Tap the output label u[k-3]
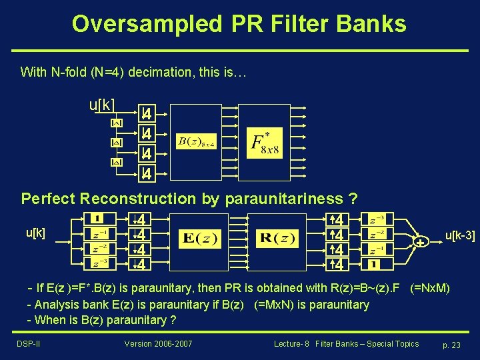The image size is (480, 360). tap(459, 234)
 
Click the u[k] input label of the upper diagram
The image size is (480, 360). tap(102, 105)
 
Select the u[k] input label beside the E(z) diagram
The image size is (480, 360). tap(35, 233)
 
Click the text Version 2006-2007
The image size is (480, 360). tap(157, 344)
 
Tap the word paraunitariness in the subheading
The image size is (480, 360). tap(273, 199)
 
